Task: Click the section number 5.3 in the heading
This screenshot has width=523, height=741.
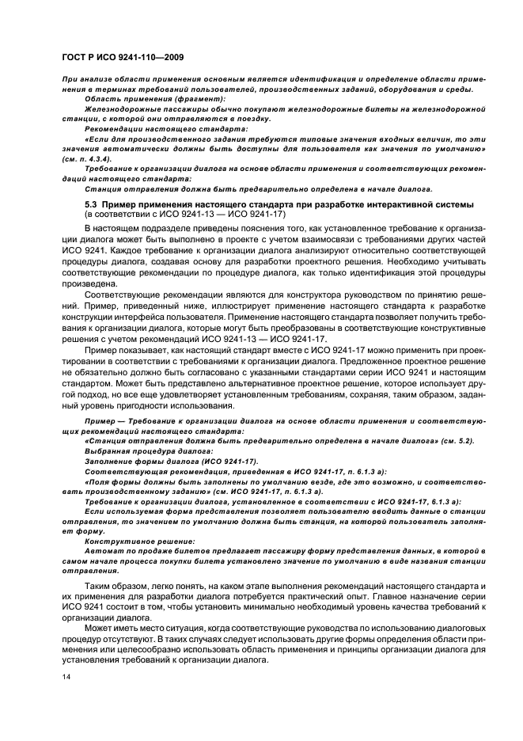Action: click(89, 205)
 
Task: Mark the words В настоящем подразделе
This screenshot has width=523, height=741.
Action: click(135, 229)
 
